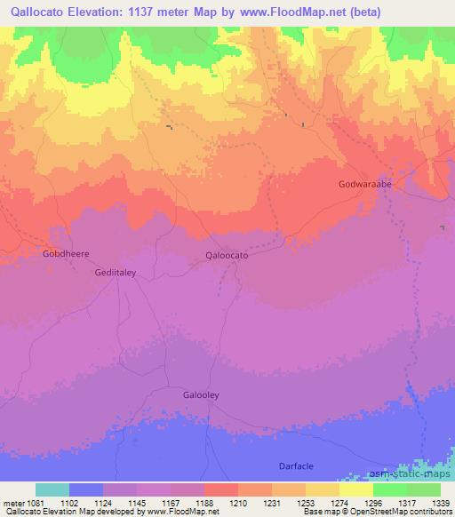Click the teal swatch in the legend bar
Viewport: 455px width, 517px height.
click(x=52, y=489)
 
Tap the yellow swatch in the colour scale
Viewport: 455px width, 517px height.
click(x=356, y=489)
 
